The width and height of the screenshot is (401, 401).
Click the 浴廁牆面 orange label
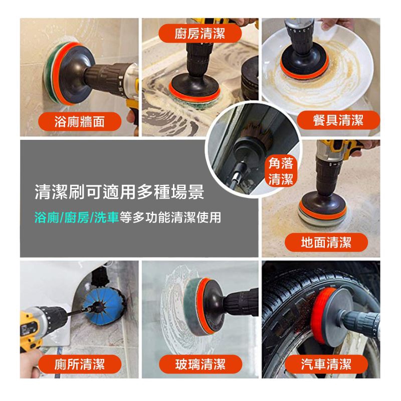80,121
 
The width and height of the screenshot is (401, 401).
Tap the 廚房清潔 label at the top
200,34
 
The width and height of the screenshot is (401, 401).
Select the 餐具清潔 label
338,120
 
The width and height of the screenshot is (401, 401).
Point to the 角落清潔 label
281,171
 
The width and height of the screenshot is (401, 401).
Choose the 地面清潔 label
326,242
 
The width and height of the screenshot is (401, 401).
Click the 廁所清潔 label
80,364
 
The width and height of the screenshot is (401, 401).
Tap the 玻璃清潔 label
200,364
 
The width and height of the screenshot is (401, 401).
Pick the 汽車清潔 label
326,364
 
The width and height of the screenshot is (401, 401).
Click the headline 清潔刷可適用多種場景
119,191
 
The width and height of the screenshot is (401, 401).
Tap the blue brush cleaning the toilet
104,308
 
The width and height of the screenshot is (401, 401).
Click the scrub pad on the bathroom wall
53,73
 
